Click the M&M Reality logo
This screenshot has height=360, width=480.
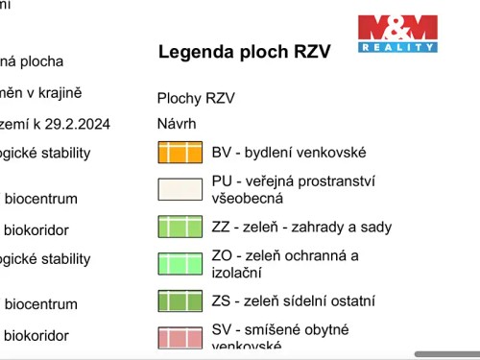[x=397, y=33]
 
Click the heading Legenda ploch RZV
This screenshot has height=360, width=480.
[x=244, y=52]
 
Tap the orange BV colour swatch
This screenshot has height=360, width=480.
[x=180, y=152]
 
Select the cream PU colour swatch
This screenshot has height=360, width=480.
[x=180, y=188]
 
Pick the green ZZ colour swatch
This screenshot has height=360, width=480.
[x=180, y=227]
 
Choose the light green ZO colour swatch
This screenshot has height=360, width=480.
[x=180, y=263]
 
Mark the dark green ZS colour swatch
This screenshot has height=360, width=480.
[x=180, y=300]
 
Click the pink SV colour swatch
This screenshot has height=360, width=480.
[x=180, y=337]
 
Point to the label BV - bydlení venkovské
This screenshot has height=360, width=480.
[x=289, y=152]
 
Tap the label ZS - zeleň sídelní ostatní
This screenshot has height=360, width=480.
[x=293, y=300]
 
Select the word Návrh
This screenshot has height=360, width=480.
[x=177, y=124]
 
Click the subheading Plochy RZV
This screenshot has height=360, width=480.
[x=196, y=98]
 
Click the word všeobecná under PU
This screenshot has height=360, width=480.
[x=248, y=198]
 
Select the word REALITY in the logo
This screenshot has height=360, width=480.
[x=397, y=46]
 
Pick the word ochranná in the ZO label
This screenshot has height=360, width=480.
[x=320, y=254]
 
